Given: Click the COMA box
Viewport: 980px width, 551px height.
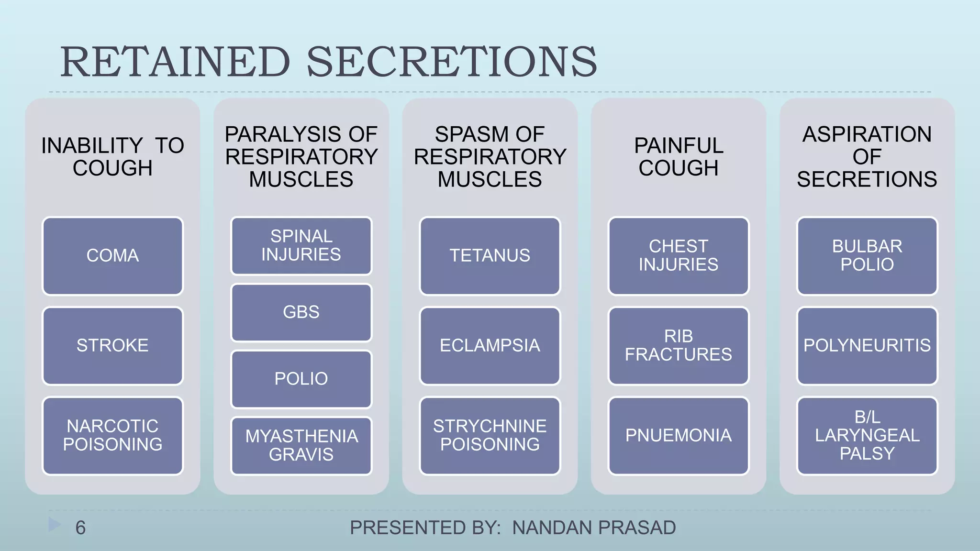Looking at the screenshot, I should pyautogui.click(x=112, y=256).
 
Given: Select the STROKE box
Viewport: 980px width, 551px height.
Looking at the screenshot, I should pyautogui.click(x=112, y=346).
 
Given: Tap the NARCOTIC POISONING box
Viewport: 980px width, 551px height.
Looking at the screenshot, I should pyautogui.click(x=112, y=436).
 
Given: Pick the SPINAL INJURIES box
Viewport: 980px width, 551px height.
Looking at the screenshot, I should pyautogui.click(x=301, y=246).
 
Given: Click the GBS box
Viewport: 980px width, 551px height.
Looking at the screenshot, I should pyautogui.click(x=301, y=312).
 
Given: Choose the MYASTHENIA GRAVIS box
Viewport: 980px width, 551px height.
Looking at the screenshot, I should pyautogui.click(x=301, y=446).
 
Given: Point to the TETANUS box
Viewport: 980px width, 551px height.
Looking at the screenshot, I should pyautogui.click(x=490, y=256).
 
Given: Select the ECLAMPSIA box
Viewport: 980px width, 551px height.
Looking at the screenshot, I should pyautogui.click(x=490, y=346).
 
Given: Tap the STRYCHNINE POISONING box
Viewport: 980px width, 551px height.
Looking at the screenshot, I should pyautogui.click(x=490, y=436).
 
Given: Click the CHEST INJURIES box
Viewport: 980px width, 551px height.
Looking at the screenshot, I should pyautogui.click(x=678, y=256).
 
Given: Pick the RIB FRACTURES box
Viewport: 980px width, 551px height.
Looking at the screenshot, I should pyautogui.click(x=678, y=346).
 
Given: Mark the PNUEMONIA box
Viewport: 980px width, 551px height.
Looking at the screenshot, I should pyautogui.click(x=678, y=436).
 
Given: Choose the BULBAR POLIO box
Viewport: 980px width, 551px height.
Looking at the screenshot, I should pyautogui.click(x=867, y=256).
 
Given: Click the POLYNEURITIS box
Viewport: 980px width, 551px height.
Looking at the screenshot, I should pyautogui.click(x=867, y=346).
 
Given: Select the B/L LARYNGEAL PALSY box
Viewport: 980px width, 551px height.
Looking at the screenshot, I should pyautogui.click(x=867, y=436).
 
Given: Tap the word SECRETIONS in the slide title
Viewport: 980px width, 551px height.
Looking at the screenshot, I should pyautogui.click(x=451, y=62).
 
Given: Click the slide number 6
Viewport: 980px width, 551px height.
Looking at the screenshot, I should pyautogui.click(x=80, y=528).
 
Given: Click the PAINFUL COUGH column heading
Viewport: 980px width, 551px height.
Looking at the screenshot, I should pyautogui.click(x=678, y=157).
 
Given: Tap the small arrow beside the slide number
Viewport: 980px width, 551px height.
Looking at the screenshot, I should pyautogui.click(x=55, y=525).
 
